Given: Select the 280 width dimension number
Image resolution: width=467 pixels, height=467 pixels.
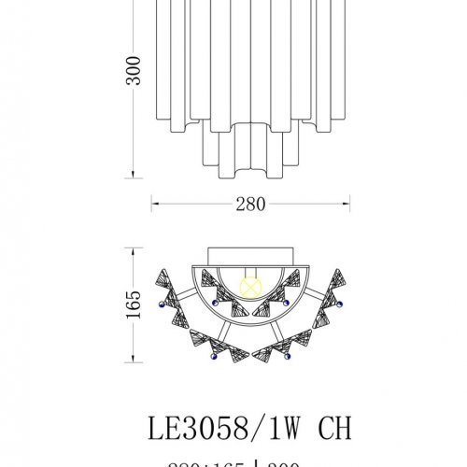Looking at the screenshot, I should (x=249, y=204).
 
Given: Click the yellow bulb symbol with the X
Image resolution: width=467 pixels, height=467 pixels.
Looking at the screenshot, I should (x=249, y=286).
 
